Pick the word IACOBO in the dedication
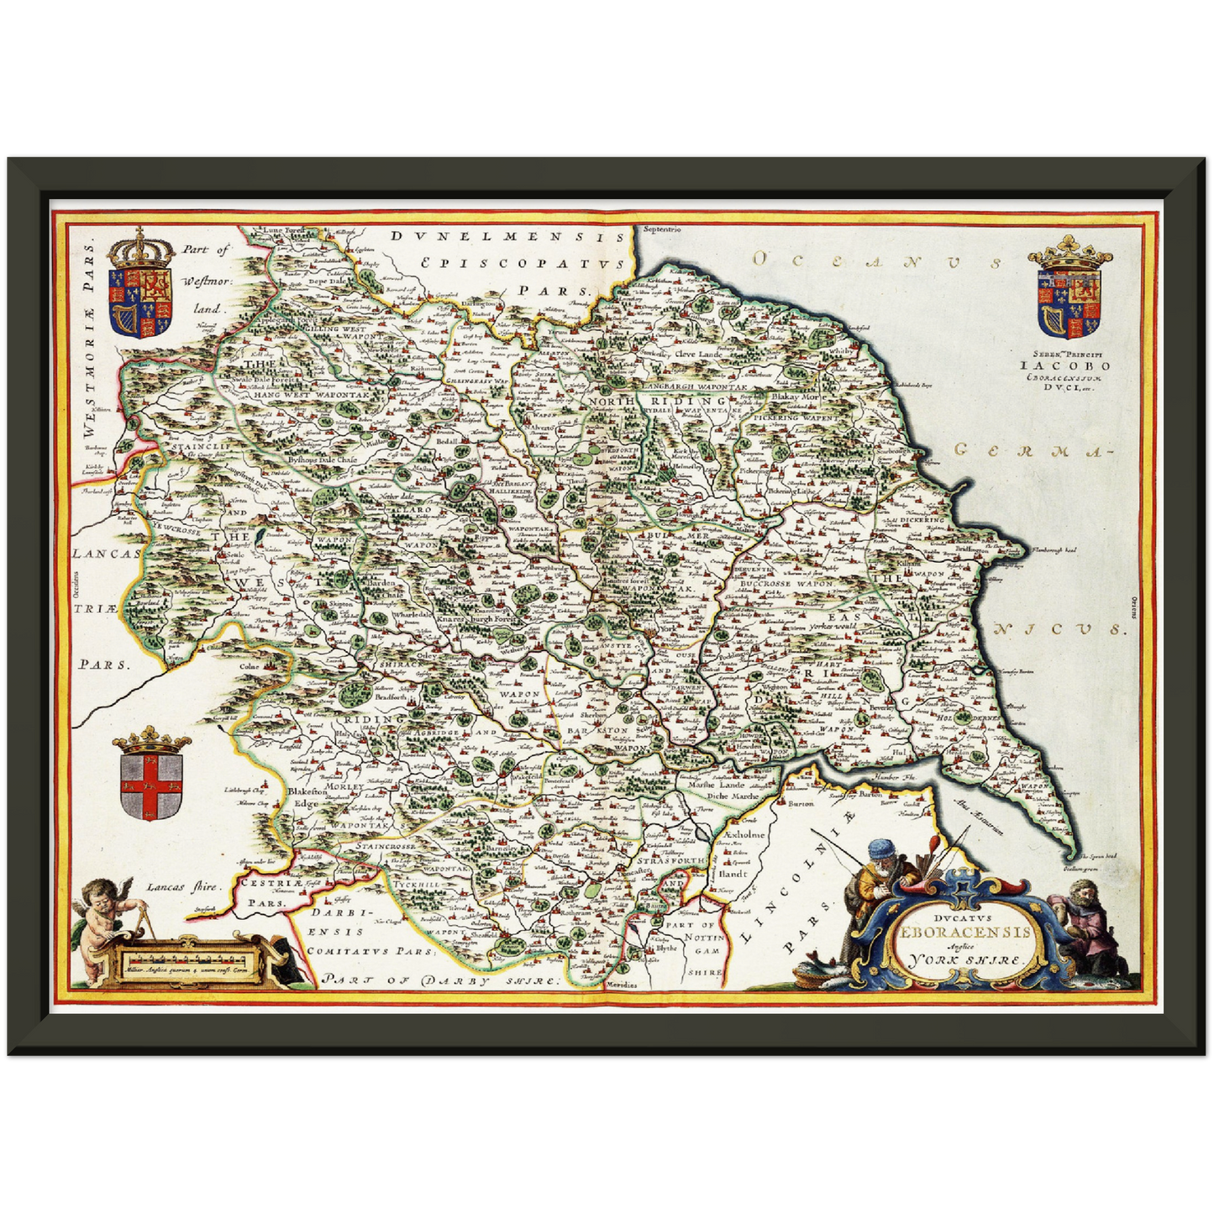click(1064, 365)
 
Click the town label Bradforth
click(391, 696)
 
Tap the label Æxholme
click(744, 835)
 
